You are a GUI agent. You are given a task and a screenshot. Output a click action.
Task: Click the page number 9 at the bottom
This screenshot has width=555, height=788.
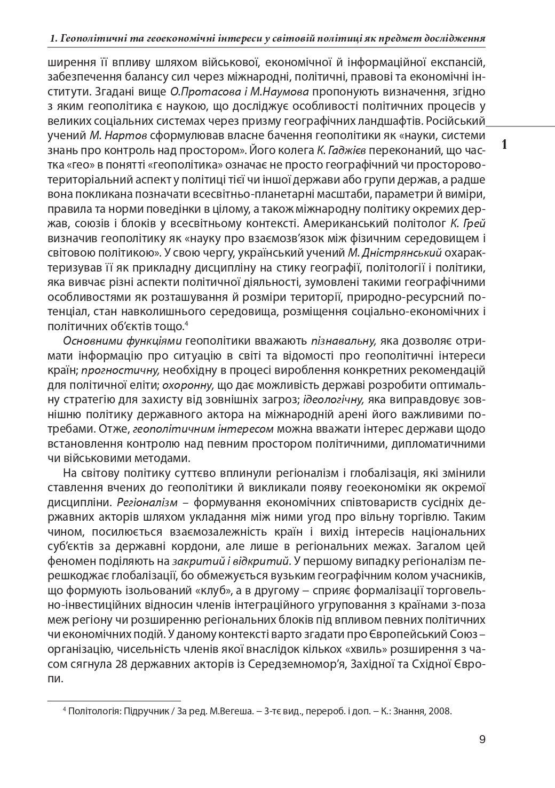tap(482, 739)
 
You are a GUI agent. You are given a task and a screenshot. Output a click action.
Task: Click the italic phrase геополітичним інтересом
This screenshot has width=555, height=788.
tap(202, 429)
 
